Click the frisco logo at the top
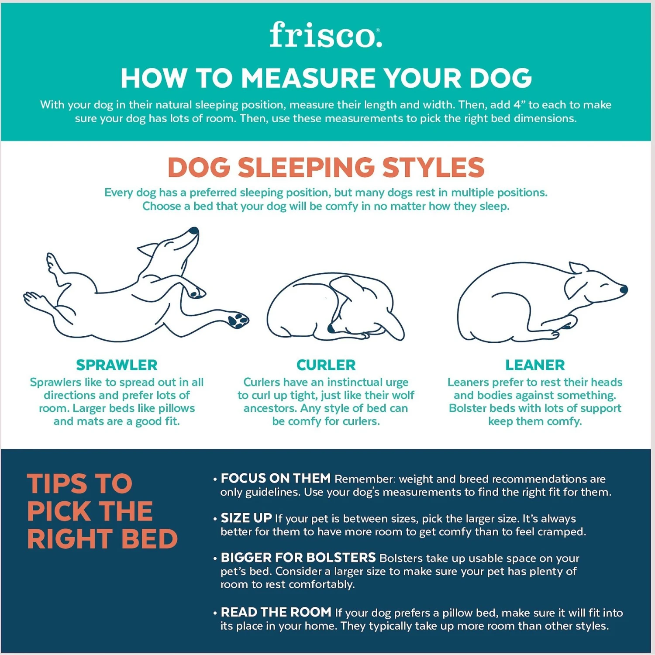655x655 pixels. [326, 35]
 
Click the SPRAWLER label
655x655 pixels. [117, 365]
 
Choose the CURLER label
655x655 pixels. [326, 365]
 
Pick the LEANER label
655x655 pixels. [535, 365]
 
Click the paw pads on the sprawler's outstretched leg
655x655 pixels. [238, 319]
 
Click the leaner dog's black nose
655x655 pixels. [624, 289]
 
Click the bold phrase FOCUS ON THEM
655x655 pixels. [276, 479]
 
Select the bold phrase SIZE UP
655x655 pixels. [246, 518]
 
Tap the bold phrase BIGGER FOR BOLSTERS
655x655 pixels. [298, 558]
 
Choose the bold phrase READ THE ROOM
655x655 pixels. [276, 612]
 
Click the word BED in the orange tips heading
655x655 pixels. [149, 539]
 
